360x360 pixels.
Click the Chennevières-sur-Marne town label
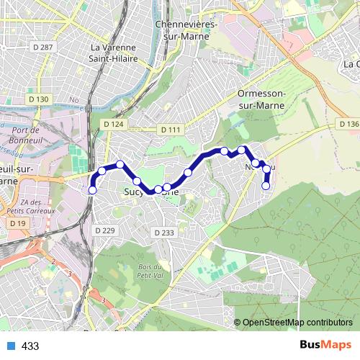186,29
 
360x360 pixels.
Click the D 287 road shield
42,47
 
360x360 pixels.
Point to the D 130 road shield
38,99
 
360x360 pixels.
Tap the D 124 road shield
113,125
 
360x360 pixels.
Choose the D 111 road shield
171,130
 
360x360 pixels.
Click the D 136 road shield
348,125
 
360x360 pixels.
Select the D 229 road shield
104,230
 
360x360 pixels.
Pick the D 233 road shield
164,233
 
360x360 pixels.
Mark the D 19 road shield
17,224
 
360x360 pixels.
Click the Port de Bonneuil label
24,135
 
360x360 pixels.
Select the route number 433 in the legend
30,346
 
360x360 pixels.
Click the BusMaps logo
325,346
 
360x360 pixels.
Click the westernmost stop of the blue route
91,190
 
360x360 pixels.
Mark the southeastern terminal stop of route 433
266,186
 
